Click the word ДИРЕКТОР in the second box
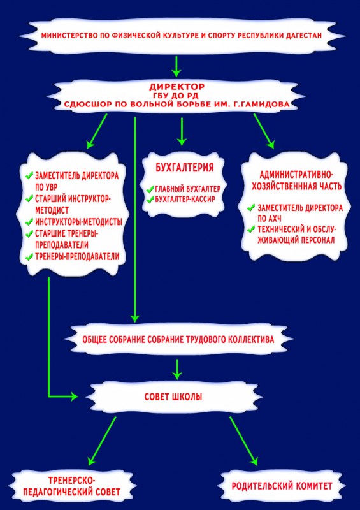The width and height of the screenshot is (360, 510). (177, 87)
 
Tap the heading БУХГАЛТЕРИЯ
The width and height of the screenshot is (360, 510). (184, 168)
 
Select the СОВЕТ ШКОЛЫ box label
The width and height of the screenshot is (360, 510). (173, 397)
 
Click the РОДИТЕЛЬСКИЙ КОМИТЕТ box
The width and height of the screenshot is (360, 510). (282, 486)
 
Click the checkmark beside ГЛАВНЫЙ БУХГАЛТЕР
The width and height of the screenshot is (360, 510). (150, 189)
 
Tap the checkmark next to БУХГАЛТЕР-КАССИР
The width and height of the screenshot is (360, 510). (150, 199)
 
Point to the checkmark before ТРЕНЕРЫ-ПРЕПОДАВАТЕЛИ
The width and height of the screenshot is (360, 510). (29, 257)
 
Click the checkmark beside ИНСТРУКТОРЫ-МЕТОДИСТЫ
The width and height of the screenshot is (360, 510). (29, 222)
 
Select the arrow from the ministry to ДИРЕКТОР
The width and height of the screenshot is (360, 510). (176, 67)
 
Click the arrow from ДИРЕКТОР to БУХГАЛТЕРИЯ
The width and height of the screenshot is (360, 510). (182, 131)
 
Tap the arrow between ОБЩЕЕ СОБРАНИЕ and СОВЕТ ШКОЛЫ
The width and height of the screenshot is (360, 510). (177, 369)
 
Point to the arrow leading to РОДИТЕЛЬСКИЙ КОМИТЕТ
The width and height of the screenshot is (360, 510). (244, 441)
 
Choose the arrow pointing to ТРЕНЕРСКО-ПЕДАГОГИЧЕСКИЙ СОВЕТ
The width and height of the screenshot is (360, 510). (102, 441)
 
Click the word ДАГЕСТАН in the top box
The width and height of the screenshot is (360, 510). (303, 35)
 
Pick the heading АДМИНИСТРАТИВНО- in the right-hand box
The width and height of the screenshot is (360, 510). (296, 175)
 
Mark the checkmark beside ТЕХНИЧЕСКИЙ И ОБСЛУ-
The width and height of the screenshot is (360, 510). (251, 229)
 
